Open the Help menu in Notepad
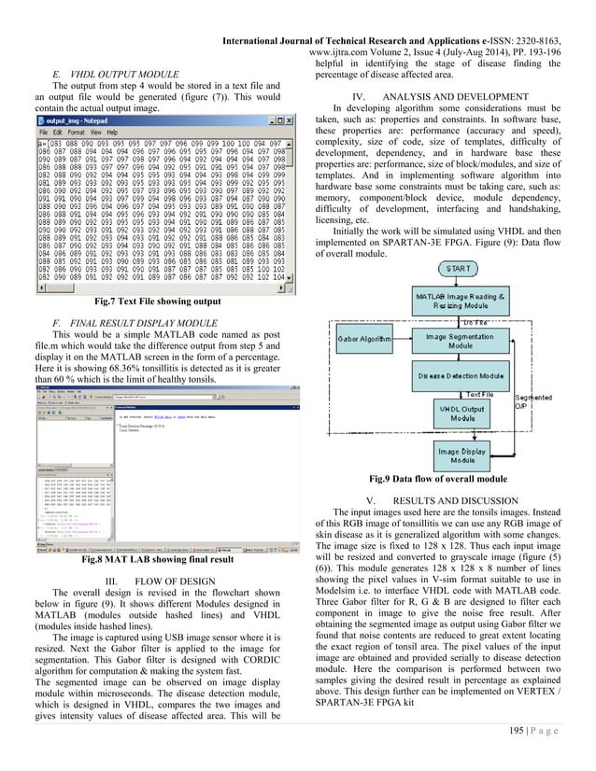[137, 133]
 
